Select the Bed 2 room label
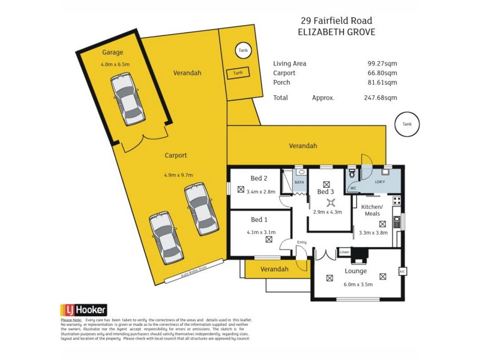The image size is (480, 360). pos(259,178)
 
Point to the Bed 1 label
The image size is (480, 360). pos(259,219)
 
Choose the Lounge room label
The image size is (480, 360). pos(356,271)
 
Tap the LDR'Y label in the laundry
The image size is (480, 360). pos(380,181)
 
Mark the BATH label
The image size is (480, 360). pos(299,182)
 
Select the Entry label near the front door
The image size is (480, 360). pos(301,242)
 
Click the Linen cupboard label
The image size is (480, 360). pos(344,251)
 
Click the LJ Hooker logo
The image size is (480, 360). pos(83,310)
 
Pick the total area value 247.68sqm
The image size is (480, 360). pos(382,98)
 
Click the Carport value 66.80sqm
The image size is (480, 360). pos(383,73)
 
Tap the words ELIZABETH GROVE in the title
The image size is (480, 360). pos(336,32)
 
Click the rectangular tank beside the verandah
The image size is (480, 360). pos(238,73)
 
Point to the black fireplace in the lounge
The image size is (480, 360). pos(358,256)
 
